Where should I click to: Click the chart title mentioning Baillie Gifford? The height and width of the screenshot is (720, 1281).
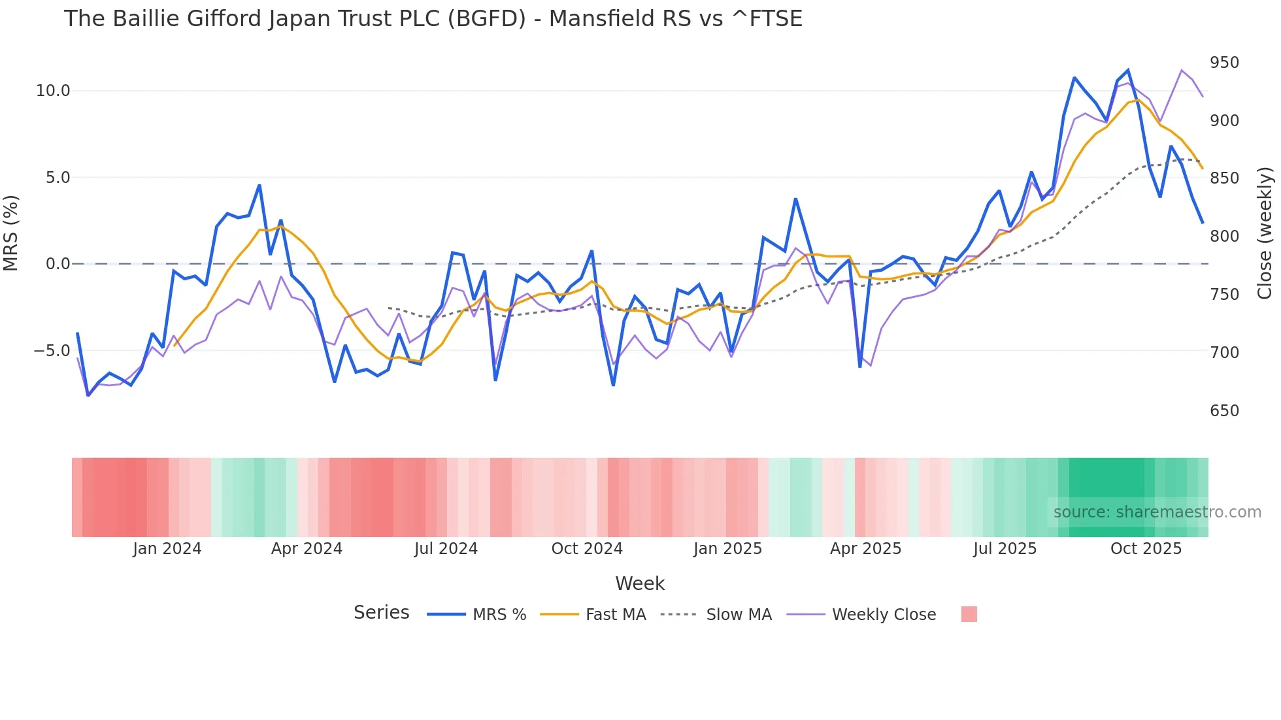433,18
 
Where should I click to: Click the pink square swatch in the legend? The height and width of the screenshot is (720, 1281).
969,614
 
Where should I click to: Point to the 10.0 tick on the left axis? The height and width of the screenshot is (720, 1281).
52,91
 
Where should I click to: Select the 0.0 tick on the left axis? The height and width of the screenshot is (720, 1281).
58,264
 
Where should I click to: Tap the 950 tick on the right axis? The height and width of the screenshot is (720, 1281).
1224,63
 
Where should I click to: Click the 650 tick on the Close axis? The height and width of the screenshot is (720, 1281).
1224,411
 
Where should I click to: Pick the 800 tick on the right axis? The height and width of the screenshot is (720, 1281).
1224,237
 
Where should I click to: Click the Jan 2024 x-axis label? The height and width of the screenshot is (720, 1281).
167,549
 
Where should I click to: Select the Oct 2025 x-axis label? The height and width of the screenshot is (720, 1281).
1146,549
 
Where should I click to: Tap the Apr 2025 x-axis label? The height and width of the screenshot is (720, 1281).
865,549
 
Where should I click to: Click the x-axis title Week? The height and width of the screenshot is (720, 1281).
640,583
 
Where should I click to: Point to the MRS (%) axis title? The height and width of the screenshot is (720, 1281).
11,233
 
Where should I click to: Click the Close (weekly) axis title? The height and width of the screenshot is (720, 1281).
1265,233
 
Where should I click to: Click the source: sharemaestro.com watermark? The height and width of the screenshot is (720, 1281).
1157,512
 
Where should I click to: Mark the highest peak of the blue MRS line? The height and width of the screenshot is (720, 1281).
1128,70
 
